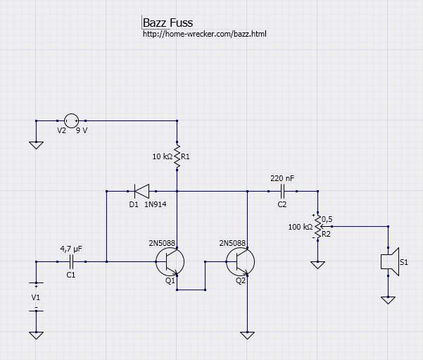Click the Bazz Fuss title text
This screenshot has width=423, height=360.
[x=168, y=23]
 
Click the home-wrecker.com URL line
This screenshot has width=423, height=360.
[x=204, y=34]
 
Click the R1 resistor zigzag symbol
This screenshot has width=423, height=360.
[x=177, y=156]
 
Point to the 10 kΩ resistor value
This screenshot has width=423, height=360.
[x=162, y=156]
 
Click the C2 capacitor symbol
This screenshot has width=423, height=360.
[x=282, y=191]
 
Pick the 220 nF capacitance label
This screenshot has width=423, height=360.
[x=282, y=178]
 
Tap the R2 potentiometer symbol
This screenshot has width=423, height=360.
[x=317, y=226]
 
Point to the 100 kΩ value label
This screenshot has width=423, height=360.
[x=301, y=227]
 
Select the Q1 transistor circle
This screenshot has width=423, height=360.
[x=170, y=261]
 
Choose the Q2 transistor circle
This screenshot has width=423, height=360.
[x=240, y=261]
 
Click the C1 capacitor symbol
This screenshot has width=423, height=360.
[x=71, y=261]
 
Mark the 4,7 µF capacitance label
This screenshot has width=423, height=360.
[x=71, y=249]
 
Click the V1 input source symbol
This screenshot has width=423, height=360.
[x=36, y=296]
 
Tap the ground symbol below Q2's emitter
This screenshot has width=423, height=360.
[x=247, y=335]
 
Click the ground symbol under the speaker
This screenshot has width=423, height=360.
[x=388, y=300]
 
